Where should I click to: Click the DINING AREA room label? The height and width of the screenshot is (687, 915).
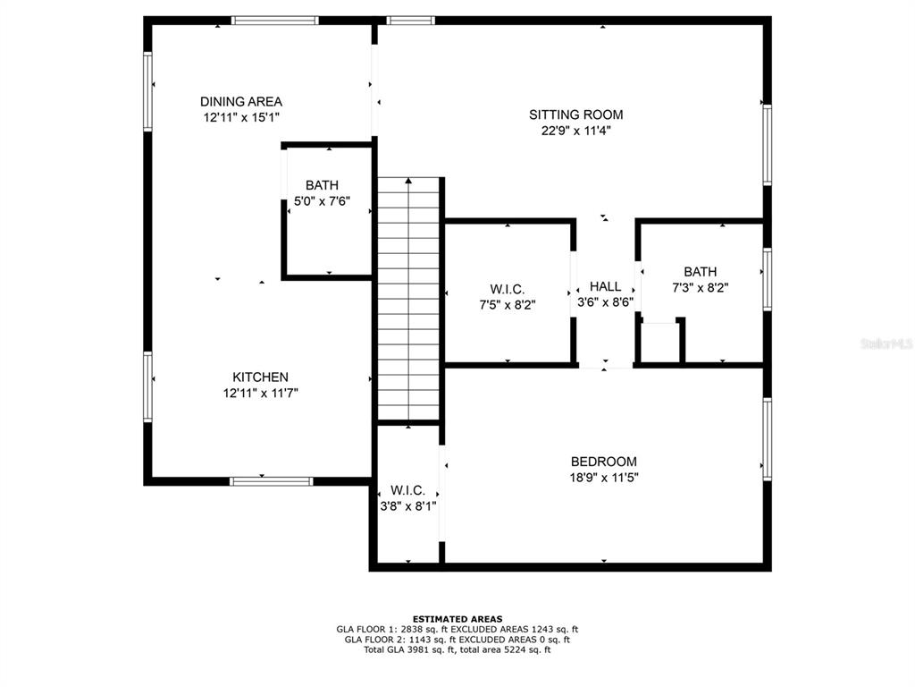241,102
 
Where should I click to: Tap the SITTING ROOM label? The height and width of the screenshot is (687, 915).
576,114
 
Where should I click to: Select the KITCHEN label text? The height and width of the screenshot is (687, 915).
260,377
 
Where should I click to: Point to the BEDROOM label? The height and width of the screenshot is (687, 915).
603,461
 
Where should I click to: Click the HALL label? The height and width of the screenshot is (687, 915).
605,286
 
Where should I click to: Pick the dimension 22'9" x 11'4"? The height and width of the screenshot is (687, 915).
576,131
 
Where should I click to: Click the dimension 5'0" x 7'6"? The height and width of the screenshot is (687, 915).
322,201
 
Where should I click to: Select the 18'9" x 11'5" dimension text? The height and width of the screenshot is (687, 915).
604,478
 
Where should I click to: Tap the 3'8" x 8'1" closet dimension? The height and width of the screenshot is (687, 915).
407,506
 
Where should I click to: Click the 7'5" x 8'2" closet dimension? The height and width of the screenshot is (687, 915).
508,304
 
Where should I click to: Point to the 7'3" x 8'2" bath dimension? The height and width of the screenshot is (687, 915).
701,287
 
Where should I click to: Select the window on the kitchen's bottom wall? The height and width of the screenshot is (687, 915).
271,481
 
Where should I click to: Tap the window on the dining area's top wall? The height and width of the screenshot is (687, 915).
275,21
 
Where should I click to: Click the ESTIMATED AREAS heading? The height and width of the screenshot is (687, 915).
457,619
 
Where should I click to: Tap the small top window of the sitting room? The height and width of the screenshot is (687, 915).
411,21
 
